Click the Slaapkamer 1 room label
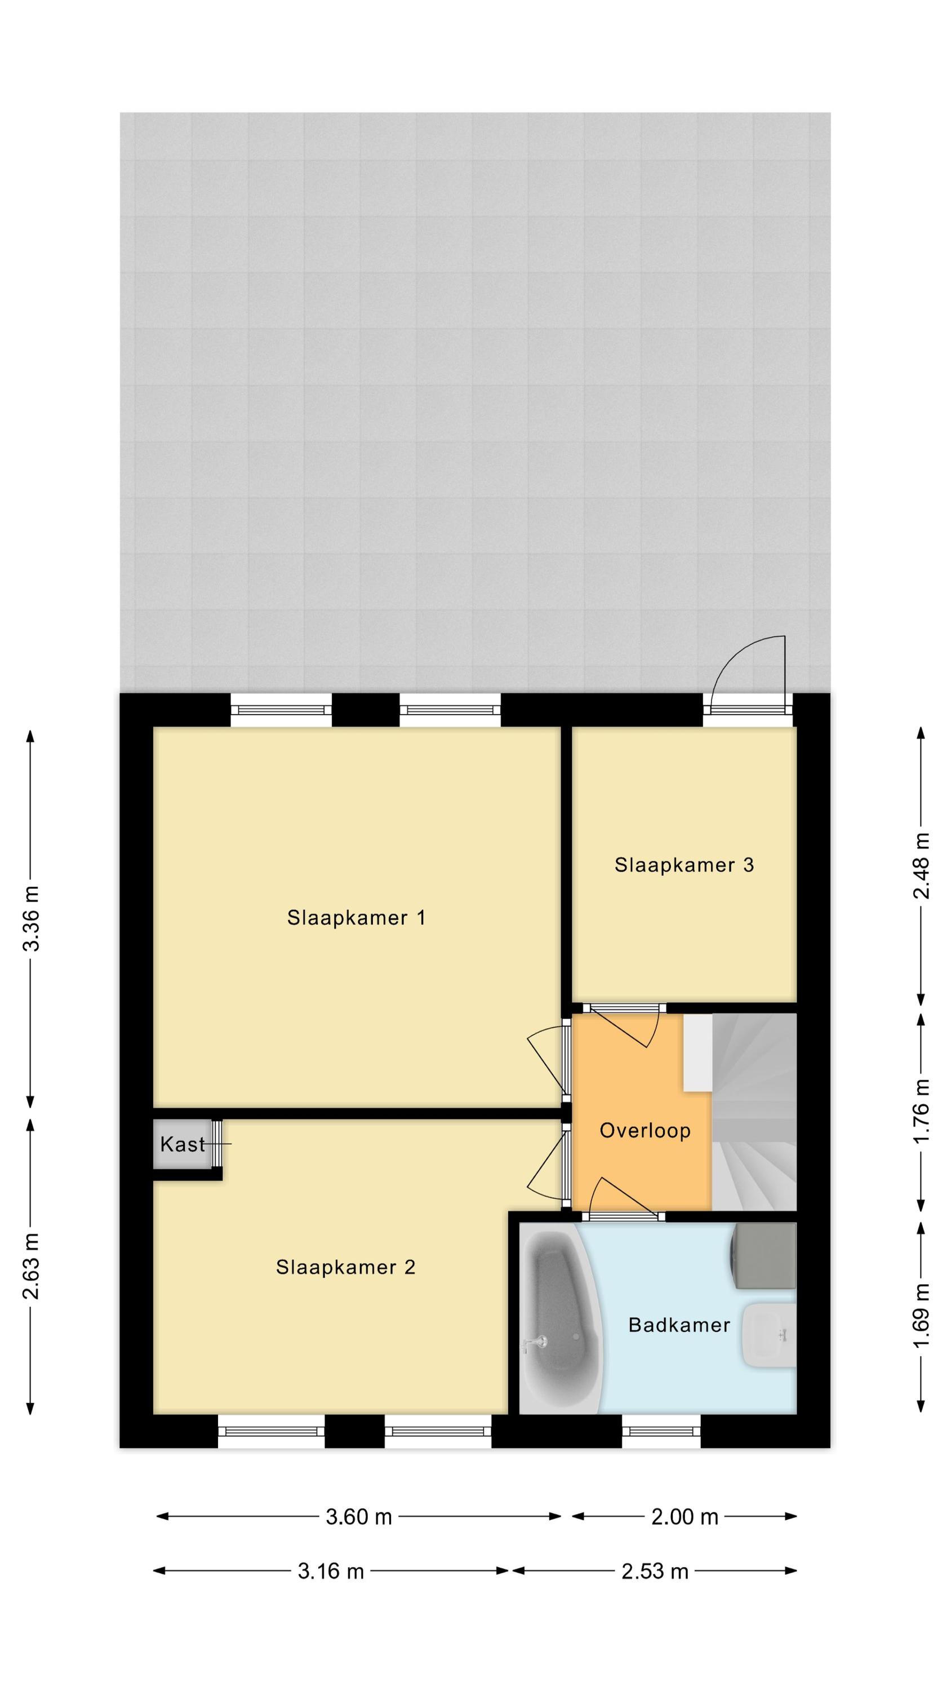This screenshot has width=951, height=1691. [357, 917]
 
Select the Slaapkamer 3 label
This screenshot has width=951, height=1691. [684, 865]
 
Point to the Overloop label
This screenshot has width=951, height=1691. [645, 1130]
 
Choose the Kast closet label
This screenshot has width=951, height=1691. [183, 1145]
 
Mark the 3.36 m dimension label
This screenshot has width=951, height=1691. [32, 918]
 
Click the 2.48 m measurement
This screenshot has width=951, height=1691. [922, 866]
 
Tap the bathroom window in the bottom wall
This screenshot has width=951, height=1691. [661, 1431]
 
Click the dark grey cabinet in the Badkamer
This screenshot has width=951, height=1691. [764, 1256]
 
